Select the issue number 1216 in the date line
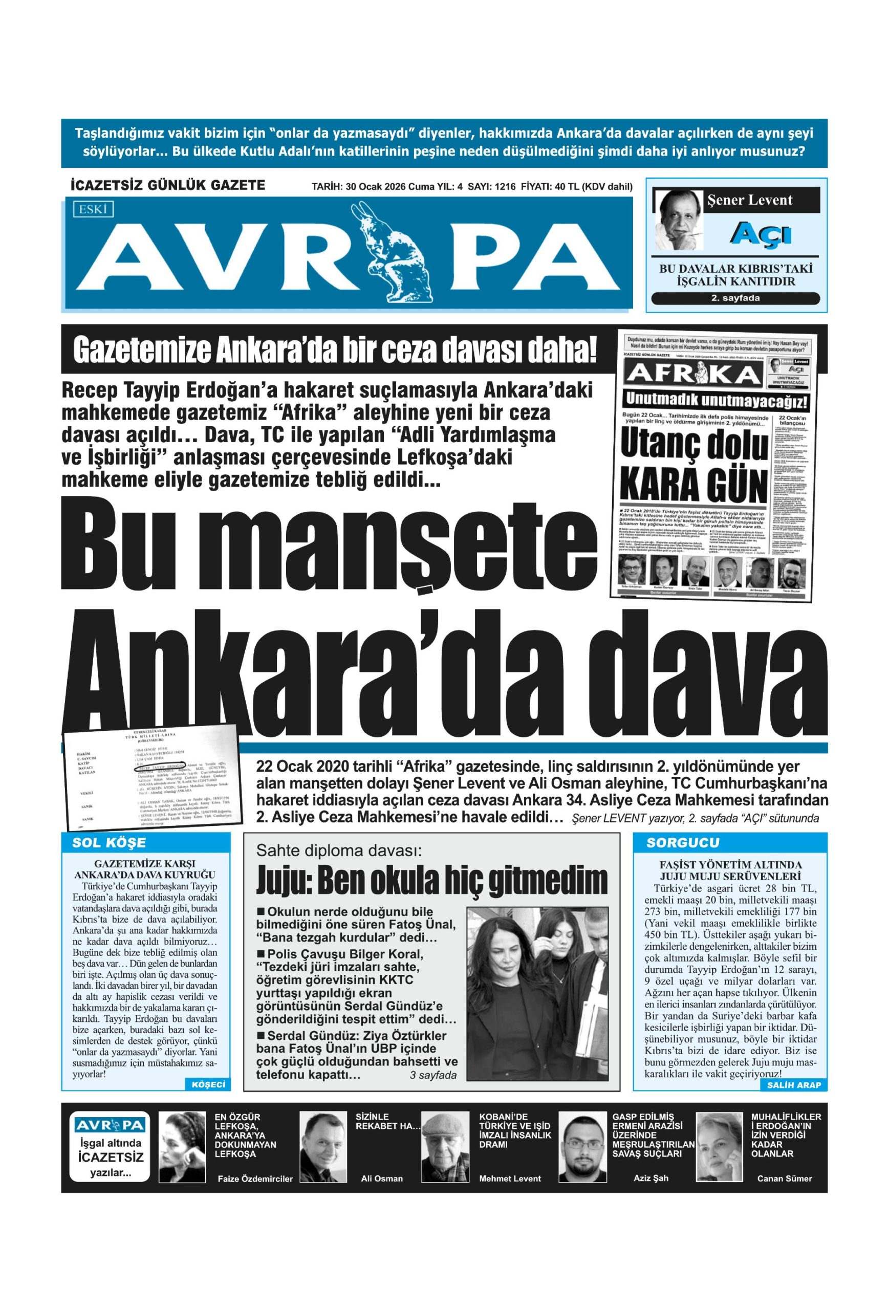tap(505, 187)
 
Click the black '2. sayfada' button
tap(735, 298)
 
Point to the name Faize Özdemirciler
tap(255, 1178)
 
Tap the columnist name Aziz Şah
tap(651, 1177)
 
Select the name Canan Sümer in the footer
tap(784, 1178)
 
